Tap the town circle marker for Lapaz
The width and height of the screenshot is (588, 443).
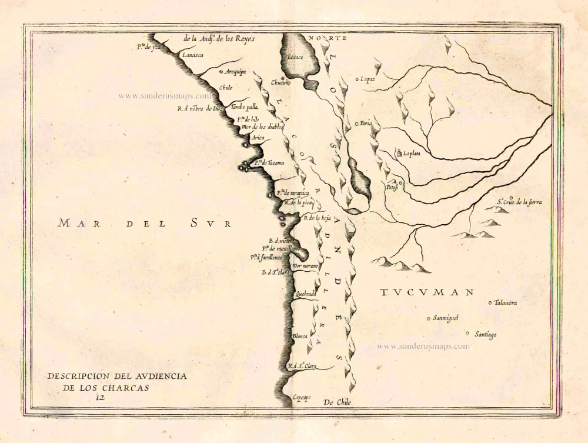click(357, 78)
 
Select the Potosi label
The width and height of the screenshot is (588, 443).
click(392, 188)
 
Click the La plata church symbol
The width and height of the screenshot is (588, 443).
click(398, 153)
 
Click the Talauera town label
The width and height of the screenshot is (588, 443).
click(505, 303)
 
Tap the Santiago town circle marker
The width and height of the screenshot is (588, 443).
click(467, 333)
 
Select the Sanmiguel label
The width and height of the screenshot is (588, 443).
click(445, 318)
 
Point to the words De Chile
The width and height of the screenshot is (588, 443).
click(338, 402)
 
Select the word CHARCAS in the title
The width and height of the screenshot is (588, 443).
click(128, 388)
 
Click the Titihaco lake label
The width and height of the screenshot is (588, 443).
click(295, 58)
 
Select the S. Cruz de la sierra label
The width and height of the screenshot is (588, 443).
click(519, 202)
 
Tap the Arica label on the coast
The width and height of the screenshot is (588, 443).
click(258, 138)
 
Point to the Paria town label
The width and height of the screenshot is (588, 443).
click(366, 124)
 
